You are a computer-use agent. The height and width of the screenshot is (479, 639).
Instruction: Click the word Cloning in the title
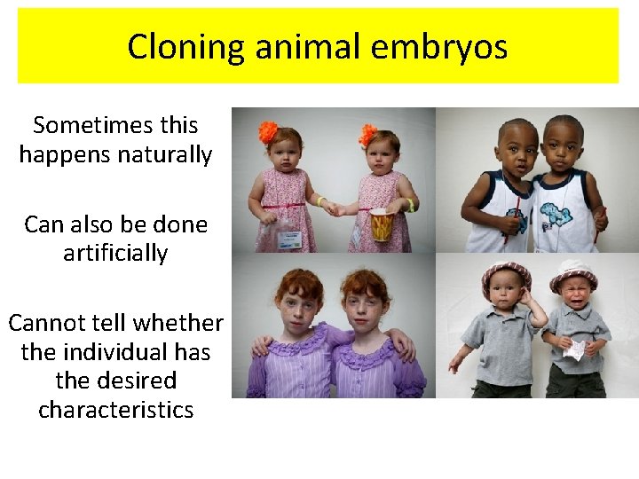pyautogui.click(x=185, y=47)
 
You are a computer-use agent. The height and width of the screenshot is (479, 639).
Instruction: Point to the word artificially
pyautogui.click(x=115, y=254)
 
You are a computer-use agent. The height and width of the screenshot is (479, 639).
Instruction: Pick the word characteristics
pyautogui.click(x=115, y=410)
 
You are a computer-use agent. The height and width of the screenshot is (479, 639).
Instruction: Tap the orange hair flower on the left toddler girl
pyautogui.click(x=268, y=133)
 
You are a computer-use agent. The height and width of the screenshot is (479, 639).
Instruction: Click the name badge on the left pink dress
pyautogui.click(x=290, y=238)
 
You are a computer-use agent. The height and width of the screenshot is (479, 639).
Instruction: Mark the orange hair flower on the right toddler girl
pyautogui.click(x=368, y=135)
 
